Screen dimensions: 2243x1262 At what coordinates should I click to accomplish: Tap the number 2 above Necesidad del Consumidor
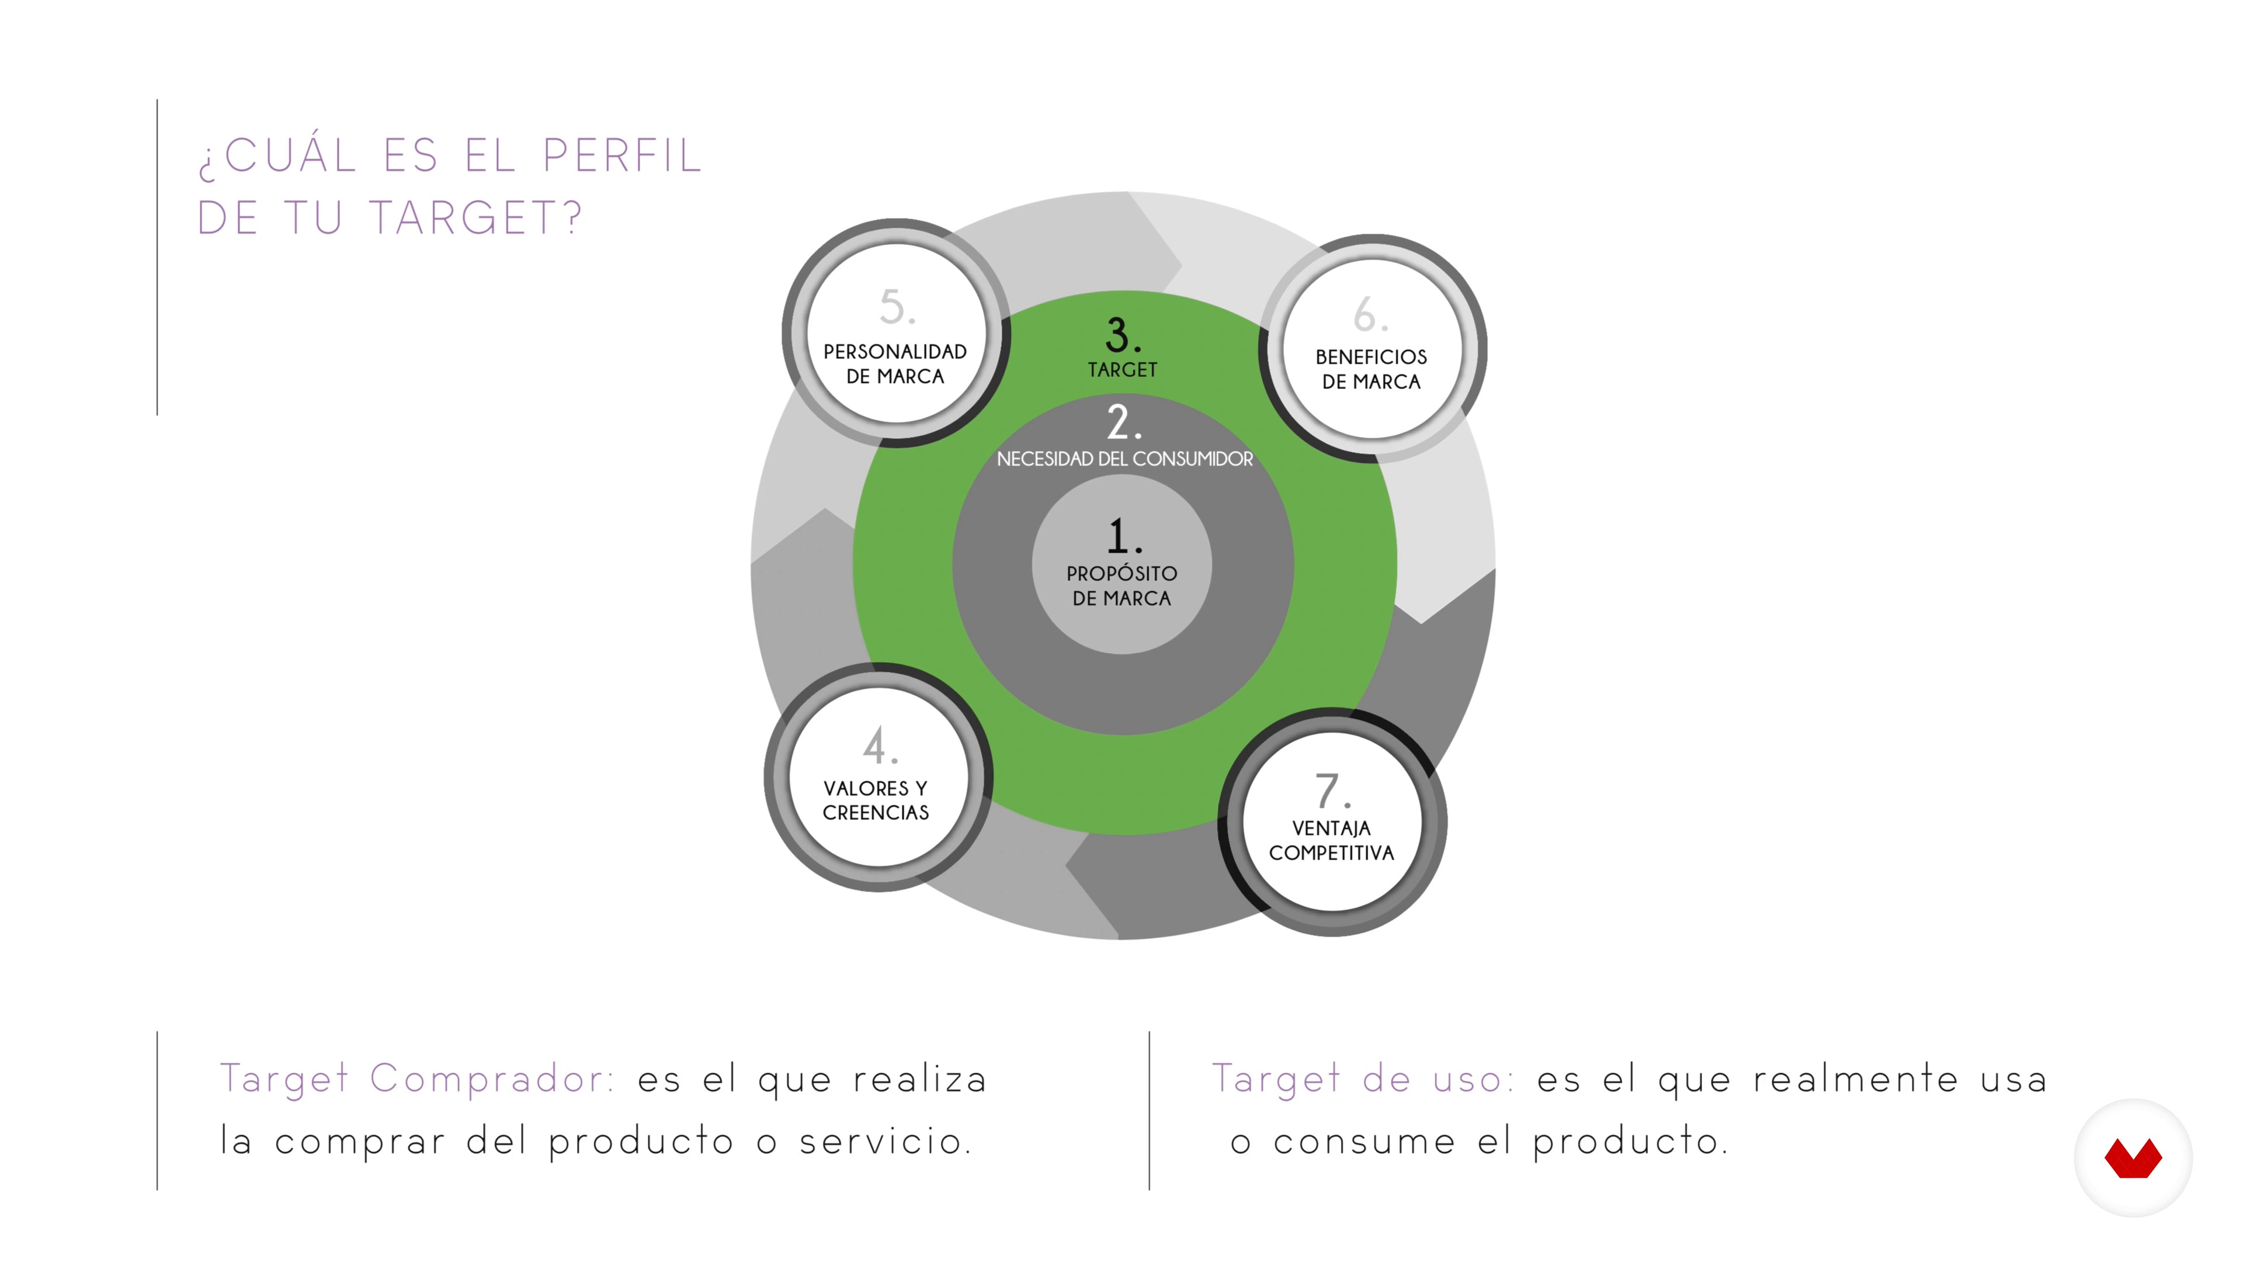click(1119, 422)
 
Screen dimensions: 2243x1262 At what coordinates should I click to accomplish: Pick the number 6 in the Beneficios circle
click(1365, 314)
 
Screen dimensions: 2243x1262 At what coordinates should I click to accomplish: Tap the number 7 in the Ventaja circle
click(1327, 791)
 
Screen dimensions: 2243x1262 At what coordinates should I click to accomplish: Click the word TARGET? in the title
click(475, 218)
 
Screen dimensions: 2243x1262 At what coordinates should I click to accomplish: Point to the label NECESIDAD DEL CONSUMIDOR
click(1124, 459)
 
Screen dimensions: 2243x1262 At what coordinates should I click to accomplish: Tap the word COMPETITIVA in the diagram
click(1331, 852)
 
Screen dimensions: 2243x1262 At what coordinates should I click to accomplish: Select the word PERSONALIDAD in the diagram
click(895, 352)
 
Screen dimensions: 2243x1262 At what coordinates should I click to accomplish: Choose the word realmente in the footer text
click(1855, 1079)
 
